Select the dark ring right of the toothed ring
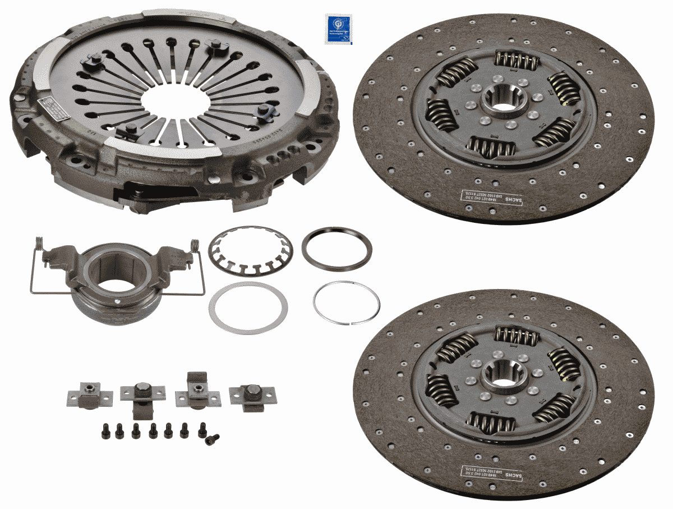tap(336, 249)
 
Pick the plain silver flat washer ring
tap(248, 308)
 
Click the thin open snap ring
tap(346, 302)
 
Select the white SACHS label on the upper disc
tap(491, 197)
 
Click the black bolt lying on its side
tap(212, 439)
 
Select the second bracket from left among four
tap(142, 397)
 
